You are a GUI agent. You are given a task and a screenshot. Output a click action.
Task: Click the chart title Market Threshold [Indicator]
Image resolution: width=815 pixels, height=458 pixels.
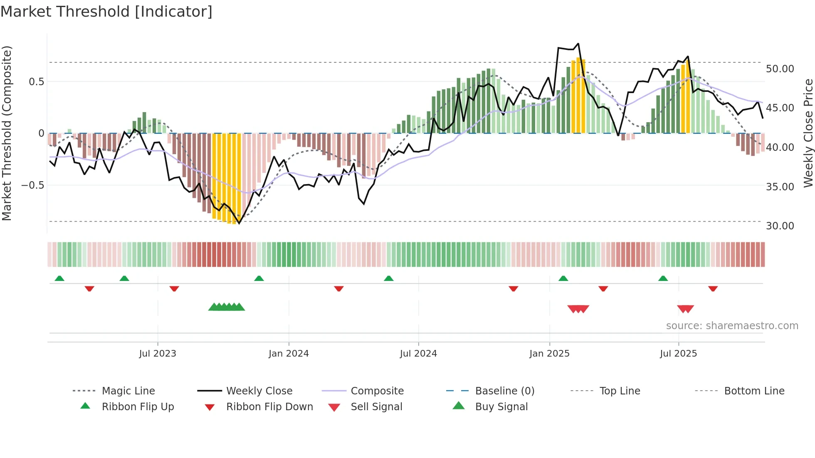click(106, 12)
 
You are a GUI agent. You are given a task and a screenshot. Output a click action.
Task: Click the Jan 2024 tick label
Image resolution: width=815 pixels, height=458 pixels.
click(289, 354)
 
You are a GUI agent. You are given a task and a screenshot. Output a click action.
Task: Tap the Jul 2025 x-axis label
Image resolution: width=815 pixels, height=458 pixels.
click(678, 354)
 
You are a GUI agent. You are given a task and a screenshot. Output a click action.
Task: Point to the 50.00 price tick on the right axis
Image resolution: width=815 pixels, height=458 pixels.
click(780, 69)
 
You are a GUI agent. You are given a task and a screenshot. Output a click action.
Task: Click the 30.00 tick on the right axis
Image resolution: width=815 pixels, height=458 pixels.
click(780, 226)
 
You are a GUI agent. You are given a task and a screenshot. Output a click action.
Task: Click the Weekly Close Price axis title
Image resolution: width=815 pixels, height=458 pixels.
click(808, 133)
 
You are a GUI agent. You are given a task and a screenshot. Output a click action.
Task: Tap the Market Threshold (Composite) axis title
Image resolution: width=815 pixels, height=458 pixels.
click(7, 133)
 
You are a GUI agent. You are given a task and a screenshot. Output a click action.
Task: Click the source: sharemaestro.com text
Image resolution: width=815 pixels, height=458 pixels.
click(732, 326)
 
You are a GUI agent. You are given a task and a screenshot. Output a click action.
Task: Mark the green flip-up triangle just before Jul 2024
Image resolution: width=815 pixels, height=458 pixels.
click(389, 278)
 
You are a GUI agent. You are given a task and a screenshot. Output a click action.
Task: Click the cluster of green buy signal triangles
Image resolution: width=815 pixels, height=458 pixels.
click(227, 307)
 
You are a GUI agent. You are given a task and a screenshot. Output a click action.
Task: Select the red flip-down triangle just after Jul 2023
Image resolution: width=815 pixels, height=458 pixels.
click(174, 288)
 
